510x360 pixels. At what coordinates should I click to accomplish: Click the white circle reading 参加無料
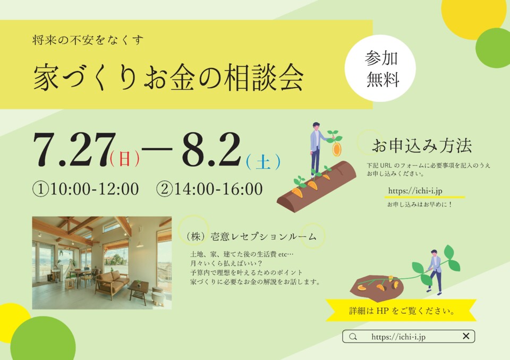pos(380,68)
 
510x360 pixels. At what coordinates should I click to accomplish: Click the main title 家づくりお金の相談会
pos(168,77)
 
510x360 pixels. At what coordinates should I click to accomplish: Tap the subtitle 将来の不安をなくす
pos(88,40)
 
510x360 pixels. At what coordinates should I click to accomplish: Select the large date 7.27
pos(74,150)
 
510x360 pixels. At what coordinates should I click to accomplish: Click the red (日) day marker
pos(125,159)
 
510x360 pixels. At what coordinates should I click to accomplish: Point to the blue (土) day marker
pos(263,161)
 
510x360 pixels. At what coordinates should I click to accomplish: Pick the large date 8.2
pos(211,150)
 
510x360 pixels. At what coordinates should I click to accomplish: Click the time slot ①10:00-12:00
pos(86,189)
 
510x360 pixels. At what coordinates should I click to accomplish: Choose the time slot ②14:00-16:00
pos(209,189)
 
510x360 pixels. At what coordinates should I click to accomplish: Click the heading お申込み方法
pos(422,145)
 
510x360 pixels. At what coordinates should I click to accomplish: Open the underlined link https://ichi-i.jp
pos(415,191)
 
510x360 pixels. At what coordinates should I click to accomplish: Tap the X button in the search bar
pos(466,336)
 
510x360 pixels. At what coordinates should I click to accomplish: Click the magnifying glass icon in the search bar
pos(353,337)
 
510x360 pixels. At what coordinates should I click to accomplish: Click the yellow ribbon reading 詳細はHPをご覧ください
pos(402,310)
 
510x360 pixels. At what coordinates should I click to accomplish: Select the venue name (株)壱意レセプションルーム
pos(250,236)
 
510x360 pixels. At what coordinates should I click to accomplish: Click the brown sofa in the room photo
pos(112,282)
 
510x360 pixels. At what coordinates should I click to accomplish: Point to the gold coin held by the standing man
pos(336,149)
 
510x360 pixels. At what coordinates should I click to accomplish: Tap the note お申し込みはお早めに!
pos(419,204)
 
